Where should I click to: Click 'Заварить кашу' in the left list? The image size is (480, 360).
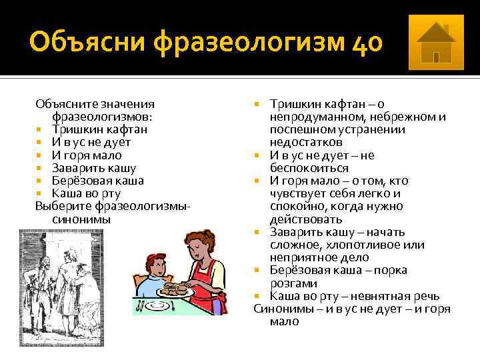(94, 168)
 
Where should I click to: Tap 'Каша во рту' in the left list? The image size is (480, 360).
(86, 193)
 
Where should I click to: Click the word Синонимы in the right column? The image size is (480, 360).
(280, 309)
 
